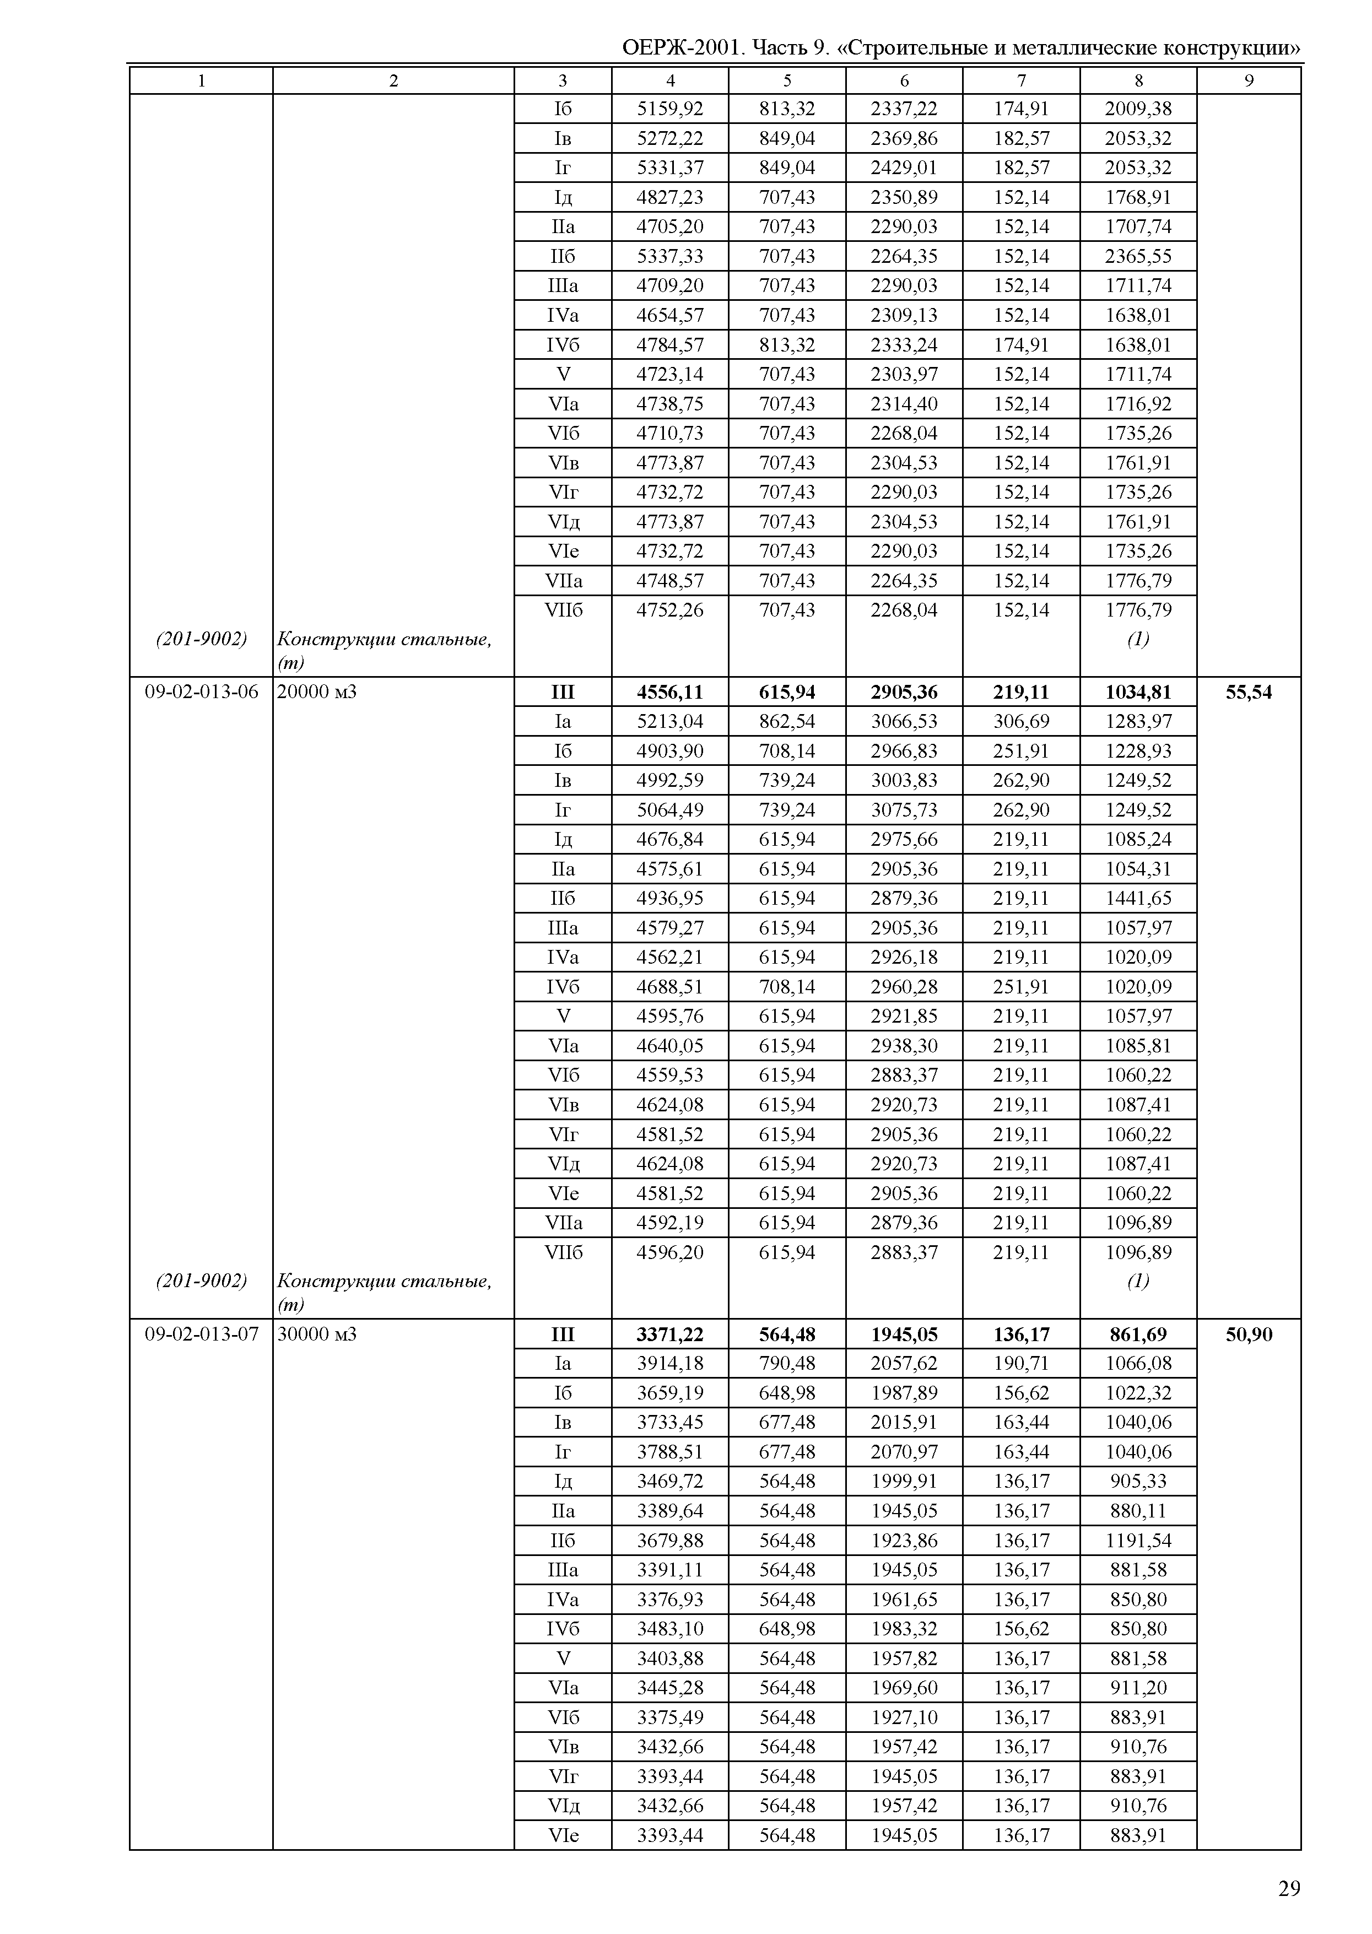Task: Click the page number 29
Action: (x=1288, y=1888)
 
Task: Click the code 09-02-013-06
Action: (x=202, y=692)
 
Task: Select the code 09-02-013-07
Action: (x=202, y=1334)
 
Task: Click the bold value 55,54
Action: (x=1248, y=692)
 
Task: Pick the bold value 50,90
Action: (x=1248, y=1334)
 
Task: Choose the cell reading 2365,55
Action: (x=1138, y=256)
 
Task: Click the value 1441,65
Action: (x=1138, y=898)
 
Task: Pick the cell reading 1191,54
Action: (x=1138, y=1540)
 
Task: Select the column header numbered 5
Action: (x=786, y=81)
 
